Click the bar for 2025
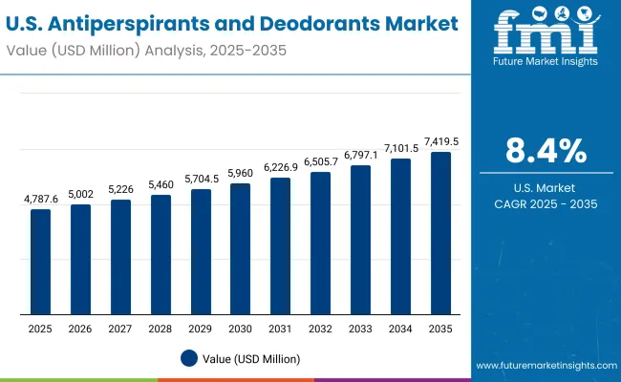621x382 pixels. (40, 261)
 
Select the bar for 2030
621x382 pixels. (240, 248)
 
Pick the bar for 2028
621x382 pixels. (161, 254)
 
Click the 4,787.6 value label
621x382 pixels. (40, 199)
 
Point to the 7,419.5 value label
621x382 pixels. (441, 141)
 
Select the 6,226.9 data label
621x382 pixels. (281, 167)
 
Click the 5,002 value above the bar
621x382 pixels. (80, 194)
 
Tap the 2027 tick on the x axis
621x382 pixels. (120, 328)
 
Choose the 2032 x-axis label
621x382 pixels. (320, 328)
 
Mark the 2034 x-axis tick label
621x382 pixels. (400, 328)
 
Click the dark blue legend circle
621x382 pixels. (189, 358)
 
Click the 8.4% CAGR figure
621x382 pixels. (546, 151)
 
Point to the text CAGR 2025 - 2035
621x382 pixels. (546, 204)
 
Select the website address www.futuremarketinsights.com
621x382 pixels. (543, 366)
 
